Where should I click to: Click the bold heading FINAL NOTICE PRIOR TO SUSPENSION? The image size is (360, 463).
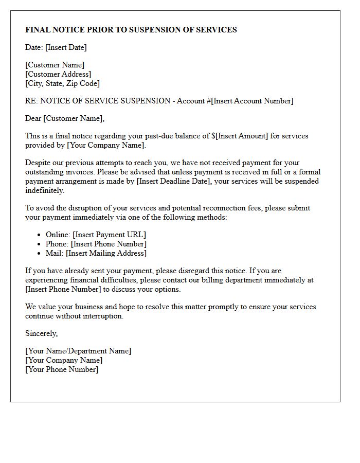click(x=131, y=30)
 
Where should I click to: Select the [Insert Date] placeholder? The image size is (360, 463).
click(x=66, y=47)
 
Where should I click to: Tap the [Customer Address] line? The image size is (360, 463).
click(x=58, y=74)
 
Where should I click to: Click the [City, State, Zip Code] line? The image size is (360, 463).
click(x=62, y=83)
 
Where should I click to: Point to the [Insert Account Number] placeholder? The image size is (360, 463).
click(x=253, y=101)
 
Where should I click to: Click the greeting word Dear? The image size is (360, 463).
click(x=33, y=118)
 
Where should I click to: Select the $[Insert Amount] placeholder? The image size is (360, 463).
click(x=240, y=136)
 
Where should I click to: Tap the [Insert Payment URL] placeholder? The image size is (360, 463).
click(x=109, y=235)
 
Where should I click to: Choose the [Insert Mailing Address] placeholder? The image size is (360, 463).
click(x=109, y=253)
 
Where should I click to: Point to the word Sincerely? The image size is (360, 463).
click(x=41, y=333)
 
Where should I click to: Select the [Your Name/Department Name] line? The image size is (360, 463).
click(x=78, y=351)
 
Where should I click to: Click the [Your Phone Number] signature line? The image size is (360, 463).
click(x=62, y=369)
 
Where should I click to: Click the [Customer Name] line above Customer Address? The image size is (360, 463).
click(x=55, y=65)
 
